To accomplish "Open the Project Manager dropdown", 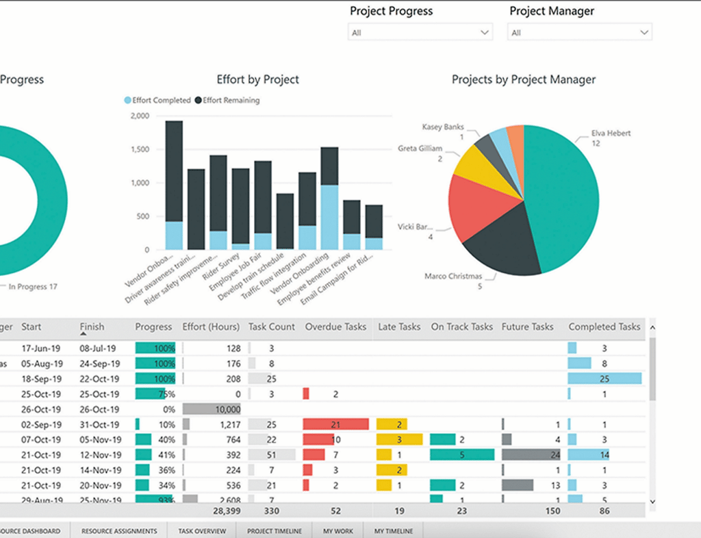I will pyautogui.click(x=579, y=32).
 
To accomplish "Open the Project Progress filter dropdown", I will pyautogui.click(x=420, y=32).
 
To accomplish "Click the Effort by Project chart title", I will pyautogui.click(x=257, y=79).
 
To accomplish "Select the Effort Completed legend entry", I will pyautogui.click(x=157, y=100).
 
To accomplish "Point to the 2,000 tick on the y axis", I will pyautogui.click(x=139, y=116).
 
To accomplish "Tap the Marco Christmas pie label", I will pyautogui.click(x=453, y=276).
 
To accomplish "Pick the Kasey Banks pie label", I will pyautogui.click(x=443, y=127).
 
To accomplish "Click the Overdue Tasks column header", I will pyautogui.click(x=335, y=327).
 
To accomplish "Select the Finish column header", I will pyautogui.click(x=92, y=327).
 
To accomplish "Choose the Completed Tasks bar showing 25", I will pyautogui.click(x=604, y=379).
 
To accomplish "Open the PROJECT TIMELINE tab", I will pyautogui.click(x=274, y=531).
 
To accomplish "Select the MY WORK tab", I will pyautogui.click(x=338, y=531).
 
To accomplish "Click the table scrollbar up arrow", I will pyautogui.click(x=651, y=328).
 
